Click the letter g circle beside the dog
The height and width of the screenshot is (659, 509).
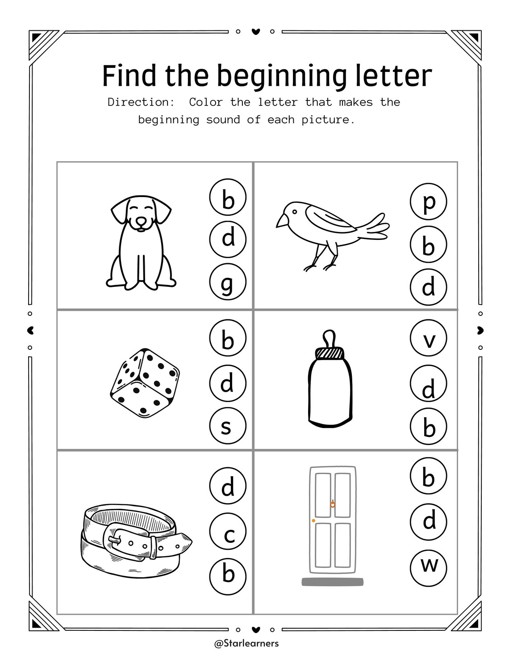[x=228, y=282]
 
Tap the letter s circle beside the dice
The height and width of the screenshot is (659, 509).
[x=227, y=427]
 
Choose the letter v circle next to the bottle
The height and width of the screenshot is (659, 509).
[x=428, y=340]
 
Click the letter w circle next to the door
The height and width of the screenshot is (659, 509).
[x=428, y=565]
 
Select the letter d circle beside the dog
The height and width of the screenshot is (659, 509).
[x=228, y=238]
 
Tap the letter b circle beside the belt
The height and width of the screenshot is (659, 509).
[x=228, y=573]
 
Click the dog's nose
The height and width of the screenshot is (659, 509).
[x=141, y=222]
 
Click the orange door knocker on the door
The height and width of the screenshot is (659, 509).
[x=332, y=504]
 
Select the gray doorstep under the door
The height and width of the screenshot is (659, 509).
[x=332, y=582]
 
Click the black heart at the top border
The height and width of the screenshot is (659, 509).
[x=255, y=32]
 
